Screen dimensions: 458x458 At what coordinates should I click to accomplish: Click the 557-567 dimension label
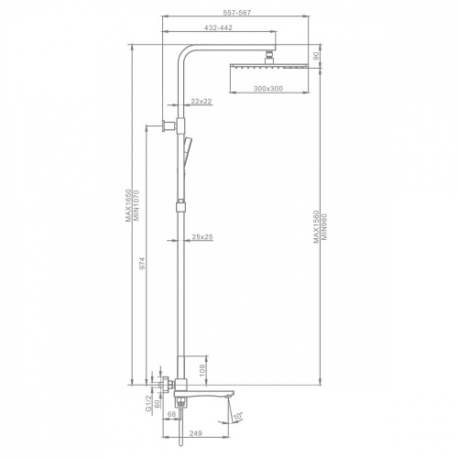point(236,13)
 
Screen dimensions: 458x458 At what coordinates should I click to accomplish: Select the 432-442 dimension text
point(218,27)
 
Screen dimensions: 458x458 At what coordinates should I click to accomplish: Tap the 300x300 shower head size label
point(268,89)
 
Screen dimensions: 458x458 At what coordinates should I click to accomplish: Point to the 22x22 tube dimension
point(202,101)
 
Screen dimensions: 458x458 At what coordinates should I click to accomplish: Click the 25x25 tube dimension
point(202,236)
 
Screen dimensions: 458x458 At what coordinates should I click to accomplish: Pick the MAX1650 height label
point(128,205)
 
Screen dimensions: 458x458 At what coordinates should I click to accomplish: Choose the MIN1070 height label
point(136,206)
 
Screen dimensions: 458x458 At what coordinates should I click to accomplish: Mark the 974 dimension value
point(142,263)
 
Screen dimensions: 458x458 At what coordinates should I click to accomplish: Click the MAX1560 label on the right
point(316,226)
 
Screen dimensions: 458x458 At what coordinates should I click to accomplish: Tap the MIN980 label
point(324,227)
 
